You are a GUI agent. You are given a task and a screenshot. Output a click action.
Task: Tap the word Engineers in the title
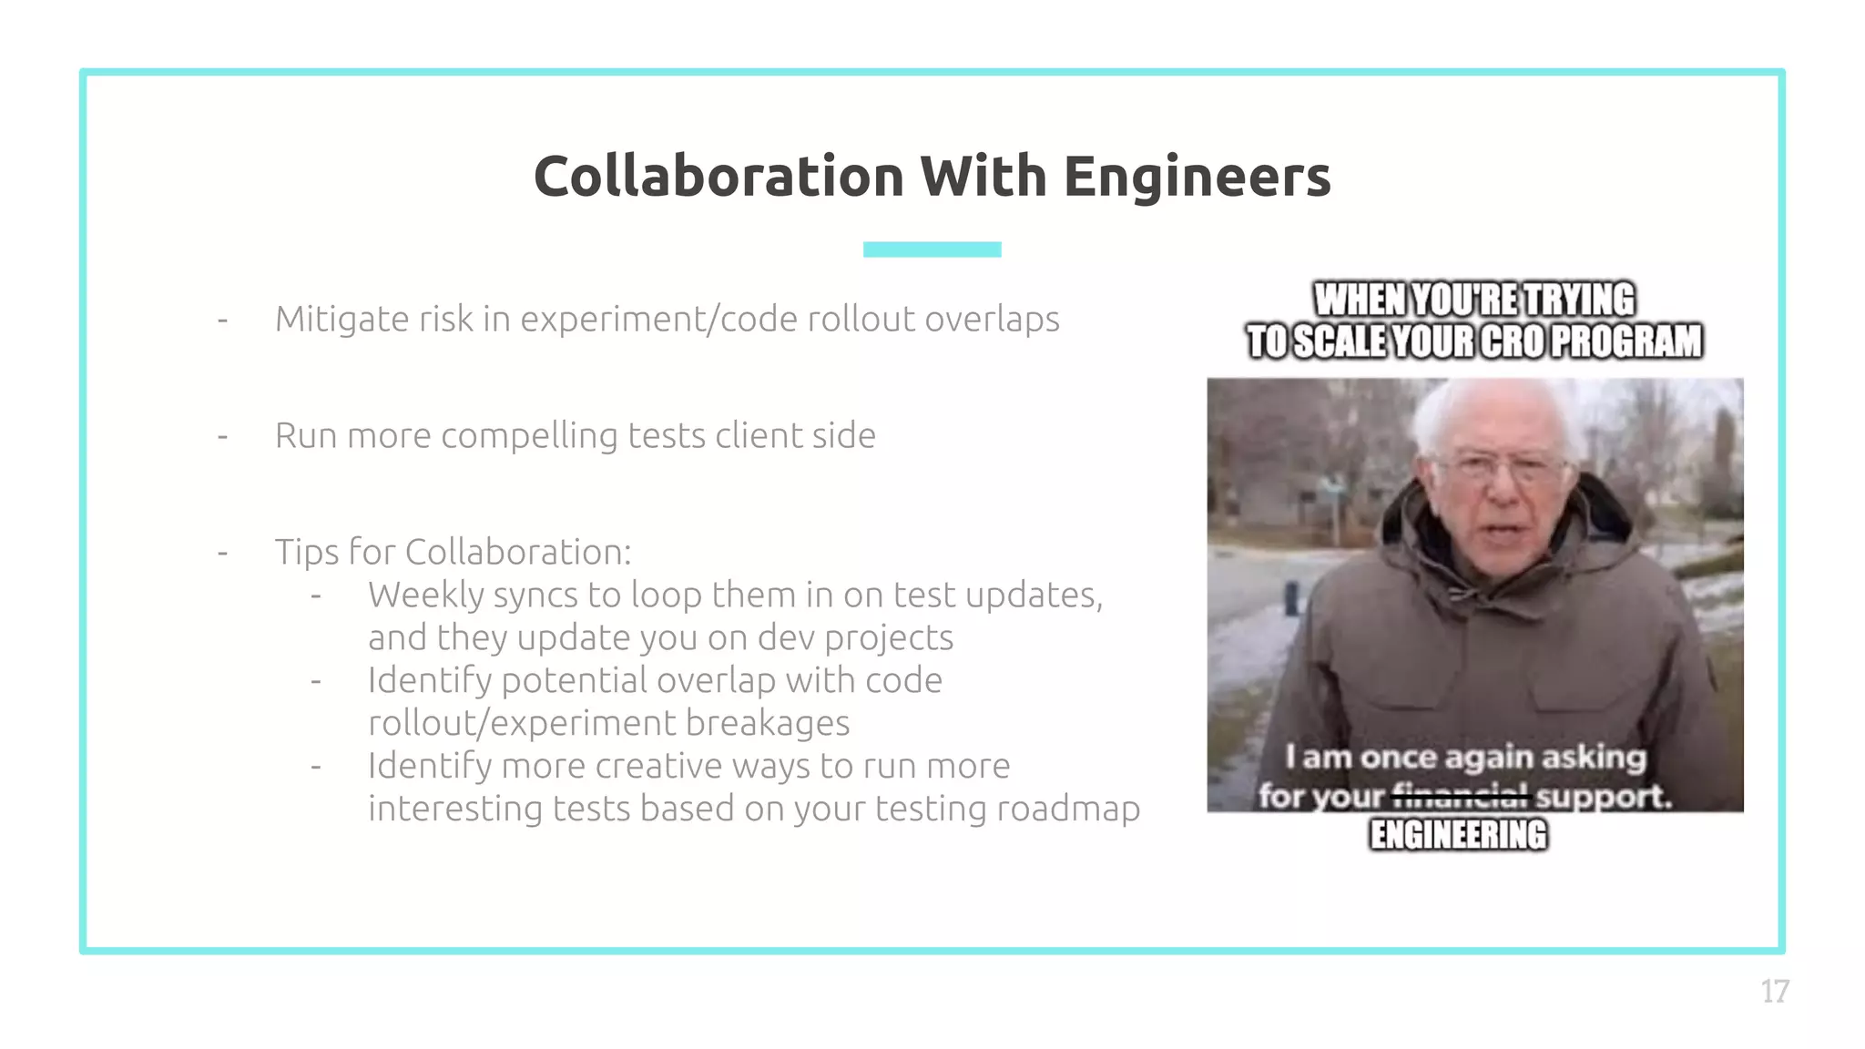point(1197,176)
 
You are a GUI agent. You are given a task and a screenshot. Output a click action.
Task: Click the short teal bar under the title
point(932,250)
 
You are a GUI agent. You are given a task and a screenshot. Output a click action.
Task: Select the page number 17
point(1775,991)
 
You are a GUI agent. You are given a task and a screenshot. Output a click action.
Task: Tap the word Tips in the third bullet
point(306,553)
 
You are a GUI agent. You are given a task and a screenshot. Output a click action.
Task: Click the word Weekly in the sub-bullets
point(426,596)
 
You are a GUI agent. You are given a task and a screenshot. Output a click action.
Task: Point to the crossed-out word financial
point(1460,797)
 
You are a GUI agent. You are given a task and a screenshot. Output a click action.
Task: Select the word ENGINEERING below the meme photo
point(1458,835)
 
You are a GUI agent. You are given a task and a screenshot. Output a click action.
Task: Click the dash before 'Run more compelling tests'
point(222,437)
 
